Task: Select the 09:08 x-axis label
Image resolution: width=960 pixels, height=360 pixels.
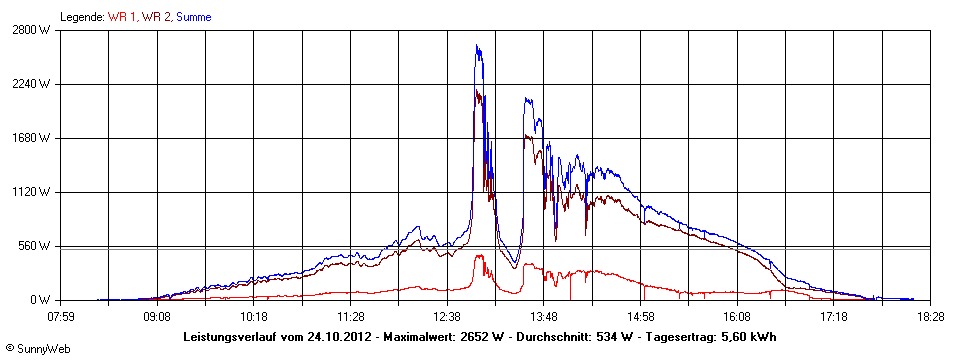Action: (x=157, y=316)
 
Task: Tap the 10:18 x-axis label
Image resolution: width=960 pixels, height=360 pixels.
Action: (x=254, y=316)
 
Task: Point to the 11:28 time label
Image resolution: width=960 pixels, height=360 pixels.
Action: (x=350, y=316)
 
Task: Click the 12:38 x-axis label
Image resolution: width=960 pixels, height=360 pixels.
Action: (x=447, y=316)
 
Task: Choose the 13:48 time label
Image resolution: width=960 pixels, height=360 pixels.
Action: (x=543, y=316)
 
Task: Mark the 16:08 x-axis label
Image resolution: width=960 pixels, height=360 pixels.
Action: (x=737, y=316)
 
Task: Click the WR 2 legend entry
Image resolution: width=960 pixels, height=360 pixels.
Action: (x=154, y=17)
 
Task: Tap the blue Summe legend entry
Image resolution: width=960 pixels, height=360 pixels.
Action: (x=193, y=17)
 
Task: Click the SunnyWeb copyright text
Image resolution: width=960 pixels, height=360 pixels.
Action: (x=37, y=349)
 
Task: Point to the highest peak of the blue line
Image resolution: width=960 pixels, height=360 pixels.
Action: (x=477, y=45)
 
